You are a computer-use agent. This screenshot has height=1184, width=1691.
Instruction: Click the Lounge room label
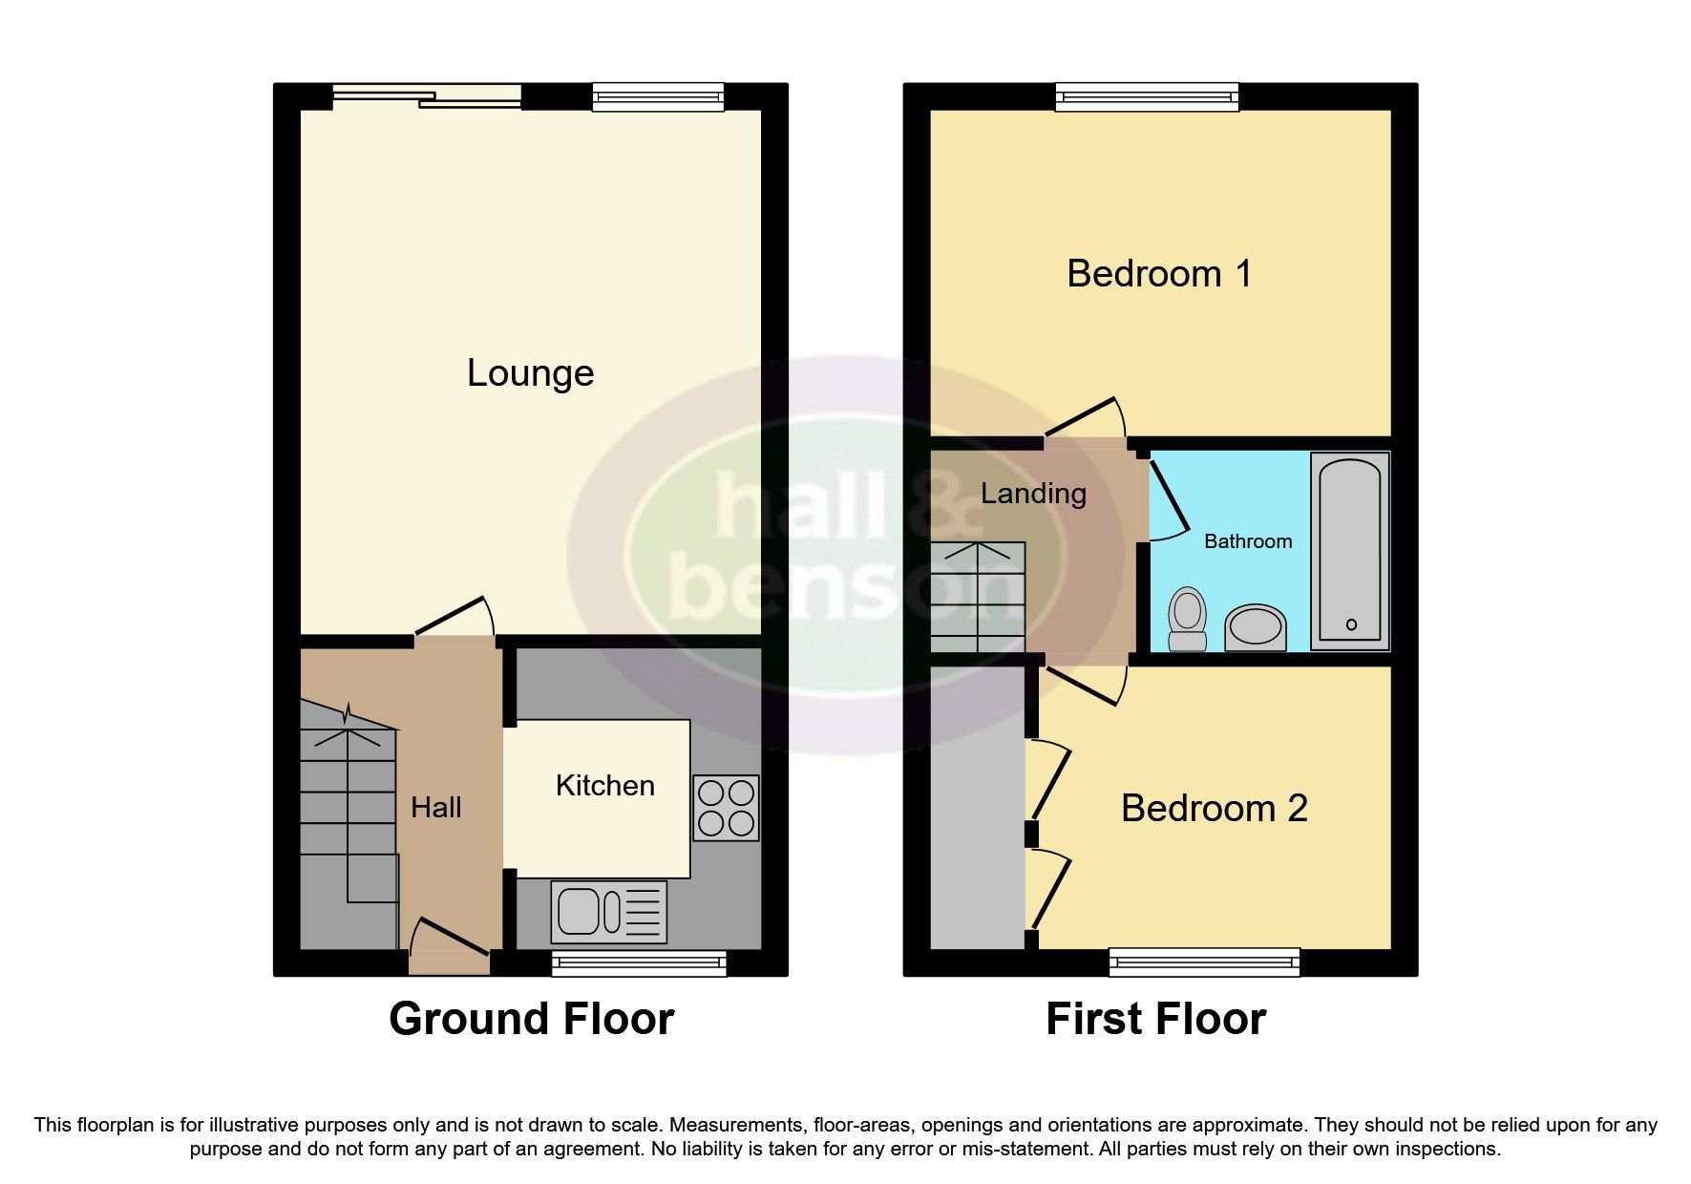[530, 372]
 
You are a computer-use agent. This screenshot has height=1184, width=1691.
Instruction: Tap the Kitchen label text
[604, 786]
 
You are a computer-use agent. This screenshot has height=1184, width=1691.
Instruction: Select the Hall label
[435, 808]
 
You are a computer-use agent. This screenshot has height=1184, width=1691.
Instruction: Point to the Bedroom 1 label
[1158, 274]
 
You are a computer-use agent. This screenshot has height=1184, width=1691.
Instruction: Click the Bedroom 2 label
[1214, 809]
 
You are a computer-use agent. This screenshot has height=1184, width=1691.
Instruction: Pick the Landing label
[1033, 494]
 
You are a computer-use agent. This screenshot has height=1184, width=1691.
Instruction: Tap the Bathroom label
[1247, 541]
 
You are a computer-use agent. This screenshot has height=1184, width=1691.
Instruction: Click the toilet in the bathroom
[1187, 619]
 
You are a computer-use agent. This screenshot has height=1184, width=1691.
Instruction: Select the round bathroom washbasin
[1255, 627]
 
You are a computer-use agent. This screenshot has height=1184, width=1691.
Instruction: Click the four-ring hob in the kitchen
[726, 808]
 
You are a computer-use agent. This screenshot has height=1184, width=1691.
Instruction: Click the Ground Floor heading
[531, 1019]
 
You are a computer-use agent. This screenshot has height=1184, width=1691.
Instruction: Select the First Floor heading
[1155, 1019]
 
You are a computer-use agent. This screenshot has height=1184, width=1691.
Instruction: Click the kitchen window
[639, 963]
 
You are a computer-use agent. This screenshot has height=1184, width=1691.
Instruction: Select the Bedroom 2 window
[1204, 962]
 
